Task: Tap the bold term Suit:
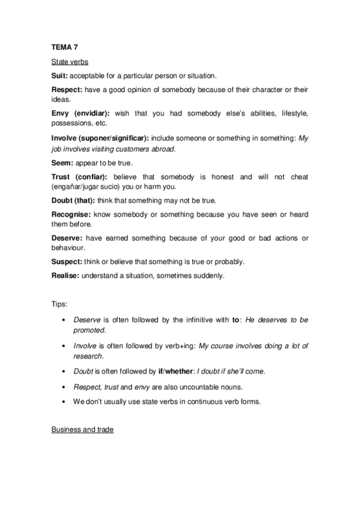click(x=59, y=76)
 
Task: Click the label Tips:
click(x=59, y=305)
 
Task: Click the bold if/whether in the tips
click(x=175, y=371)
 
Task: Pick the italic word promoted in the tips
click(x=89, y=330)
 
